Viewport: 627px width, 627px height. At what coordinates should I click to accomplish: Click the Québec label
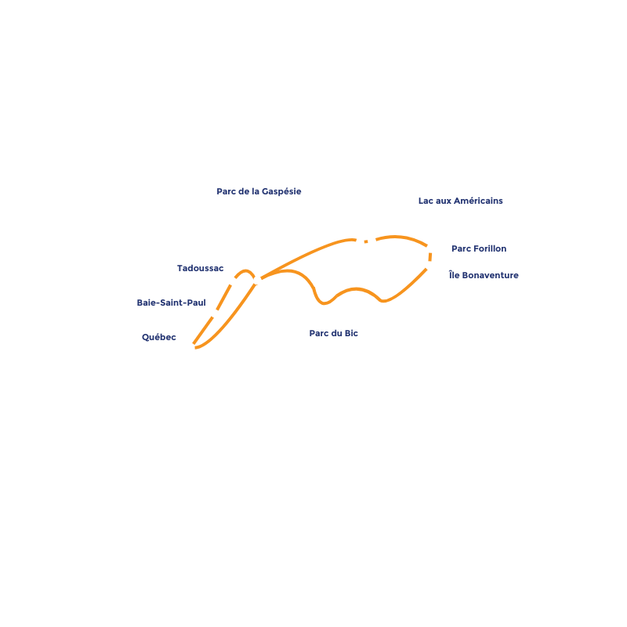coord(159,337)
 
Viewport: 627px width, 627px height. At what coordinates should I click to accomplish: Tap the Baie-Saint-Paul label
coord(171,302)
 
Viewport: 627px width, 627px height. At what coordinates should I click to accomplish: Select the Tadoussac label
coord(200,268)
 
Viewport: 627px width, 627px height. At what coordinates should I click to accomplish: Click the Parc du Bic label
coord(333,333)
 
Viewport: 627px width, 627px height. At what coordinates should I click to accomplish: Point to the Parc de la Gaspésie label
coord(258,190)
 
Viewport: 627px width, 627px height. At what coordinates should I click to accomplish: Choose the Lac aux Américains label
coord(460,201)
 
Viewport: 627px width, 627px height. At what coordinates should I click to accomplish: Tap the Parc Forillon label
coord(478,248)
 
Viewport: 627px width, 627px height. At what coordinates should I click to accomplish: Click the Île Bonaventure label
coord(483,275)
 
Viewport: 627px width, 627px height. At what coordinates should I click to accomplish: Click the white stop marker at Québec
coord(190,347)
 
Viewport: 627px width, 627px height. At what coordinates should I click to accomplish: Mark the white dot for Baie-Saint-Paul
coord(215,313)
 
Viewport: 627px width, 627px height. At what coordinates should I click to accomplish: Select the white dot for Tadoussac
coord(232,281)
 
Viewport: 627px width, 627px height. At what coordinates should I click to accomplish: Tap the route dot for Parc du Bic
coord(257,280)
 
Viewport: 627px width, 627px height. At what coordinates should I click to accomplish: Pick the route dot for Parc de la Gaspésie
coord(360,242)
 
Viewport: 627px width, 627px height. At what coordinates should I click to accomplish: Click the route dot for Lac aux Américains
coord(371,241)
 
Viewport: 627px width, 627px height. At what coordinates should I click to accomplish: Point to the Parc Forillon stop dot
coord(430,248)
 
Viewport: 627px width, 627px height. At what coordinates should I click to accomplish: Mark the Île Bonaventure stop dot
coord(429,266)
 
